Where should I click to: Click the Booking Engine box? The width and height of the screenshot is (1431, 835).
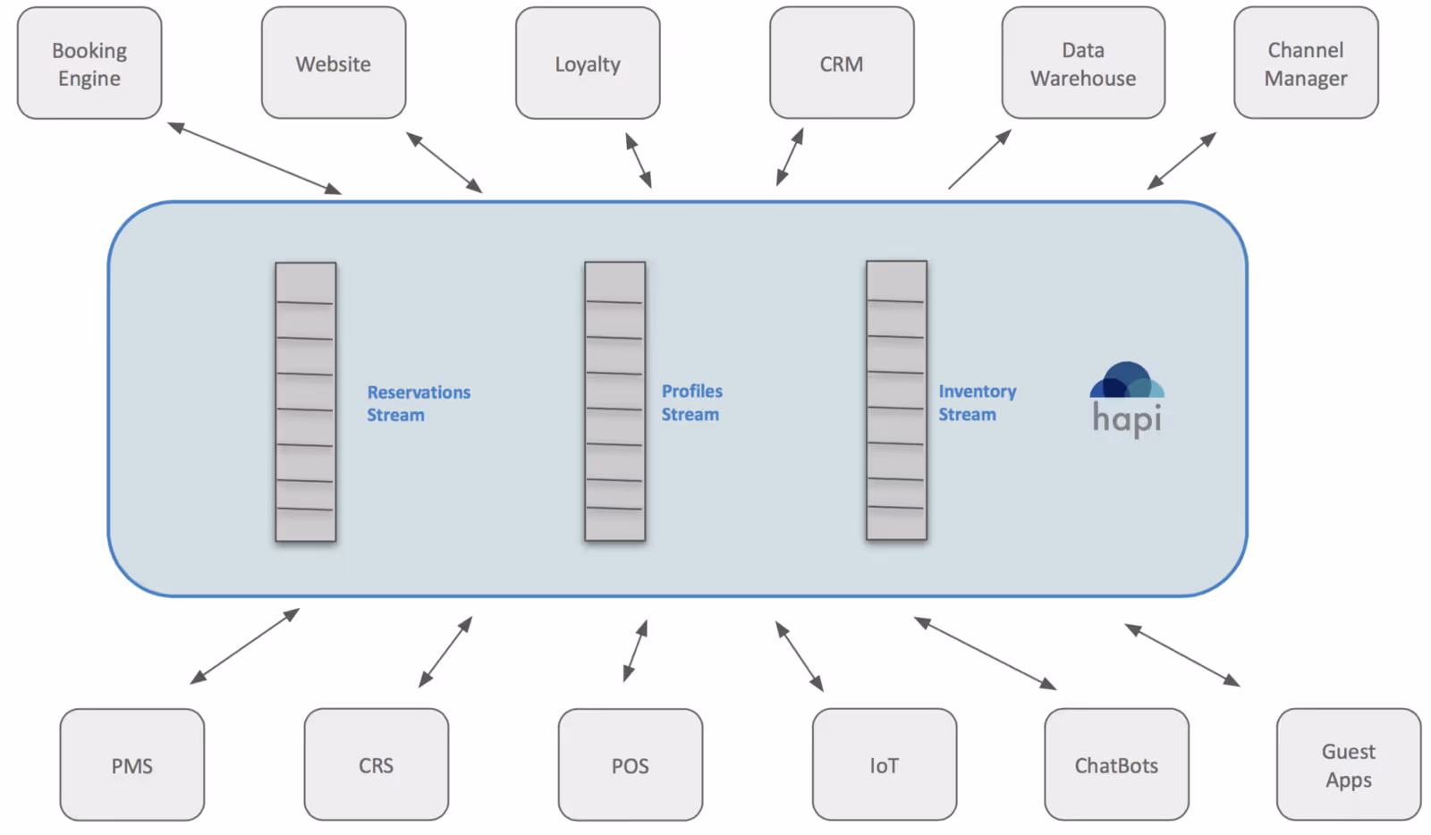coord(89,63)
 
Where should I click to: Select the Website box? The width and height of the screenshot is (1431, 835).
coord(334,63)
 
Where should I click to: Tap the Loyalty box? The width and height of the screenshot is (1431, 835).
coord(588,63)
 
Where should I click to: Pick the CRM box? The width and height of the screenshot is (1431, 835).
coord(842,63)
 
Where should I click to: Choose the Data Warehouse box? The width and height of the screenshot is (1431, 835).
coord(1083,63)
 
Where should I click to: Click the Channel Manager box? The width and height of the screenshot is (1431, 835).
coord(1307,63)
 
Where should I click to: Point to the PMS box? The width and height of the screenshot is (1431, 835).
coord(132,764)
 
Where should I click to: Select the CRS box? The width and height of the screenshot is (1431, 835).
coord(377,764)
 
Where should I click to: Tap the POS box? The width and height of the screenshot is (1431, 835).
coord(631,764)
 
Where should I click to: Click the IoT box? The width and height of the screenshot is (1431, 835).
coord(885,764)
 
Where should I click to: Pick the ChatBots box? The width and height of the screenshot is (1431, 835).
coord(1117,764)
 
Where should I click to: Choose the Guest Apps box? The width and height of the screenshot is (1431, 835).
coord(1350,764)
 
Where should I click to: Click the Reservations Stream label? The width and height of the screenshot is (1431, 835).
coord(419,403)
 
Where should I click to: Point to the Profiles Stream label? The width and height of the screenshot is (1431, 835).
coord(692,403)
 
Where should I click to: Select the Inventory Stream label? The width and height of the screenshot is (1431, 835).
coord(978,403)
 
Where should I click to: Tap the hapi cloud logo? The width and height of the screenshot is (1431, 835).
coord(1127,400)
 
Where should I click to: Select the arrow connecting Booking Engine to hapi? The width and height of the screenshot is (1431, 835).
coord(254,158)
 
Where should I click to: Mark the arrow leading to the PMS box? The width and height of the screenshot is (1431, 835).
coord(245,646)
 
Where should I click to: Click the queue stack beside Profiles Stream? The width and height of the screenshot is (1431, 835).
coord(615,401)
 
